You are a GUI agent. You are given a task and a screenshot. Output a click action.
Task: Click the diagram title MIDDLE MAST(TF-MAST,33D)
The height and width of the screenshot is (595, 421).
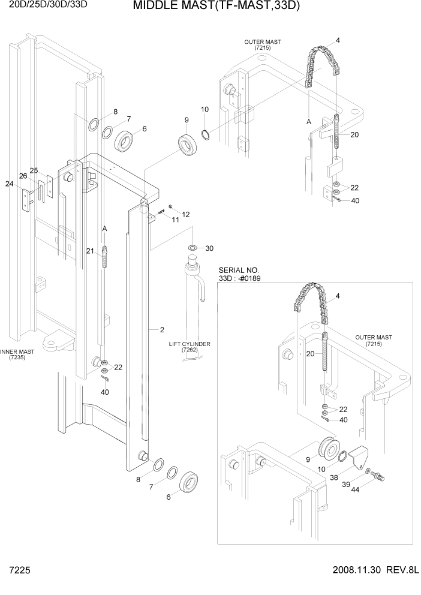click(215, 7)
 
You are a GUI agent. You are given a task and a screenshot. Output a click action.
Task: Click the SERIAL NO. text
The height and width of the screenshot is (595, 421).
click(239, 271)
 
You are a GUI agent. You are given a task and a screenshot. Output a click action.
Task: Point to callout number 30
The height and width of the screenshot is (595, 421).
click(209, 248)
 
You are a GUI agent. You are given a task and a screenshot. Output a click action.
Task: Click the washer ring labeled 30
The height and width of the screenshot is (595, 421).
click(193, 248)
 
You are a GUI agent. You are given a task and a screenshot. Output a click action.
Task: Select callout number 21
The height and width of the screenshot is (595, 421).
click(90, 251)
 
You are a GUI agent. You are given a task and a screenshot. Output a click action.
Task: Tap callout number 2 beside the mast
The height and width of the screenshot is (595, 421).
click(161, 329)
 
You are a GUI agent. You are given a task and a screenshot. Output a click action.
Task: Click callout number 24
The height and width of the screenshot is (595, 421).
click(9, 184)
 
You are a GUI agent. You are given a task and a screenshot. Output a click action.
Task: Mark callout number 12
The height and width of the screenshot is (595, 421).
click(185, 214)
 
